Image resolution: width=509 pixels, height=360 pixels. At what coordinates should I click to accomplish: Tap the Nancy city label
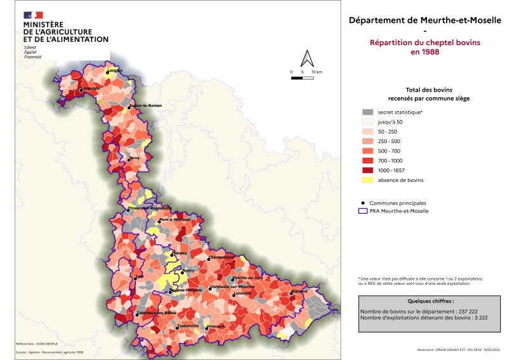click(189, 270)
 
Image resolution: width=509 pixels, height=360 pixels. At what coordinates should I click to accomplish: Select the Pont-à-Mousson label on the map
click(176, 219)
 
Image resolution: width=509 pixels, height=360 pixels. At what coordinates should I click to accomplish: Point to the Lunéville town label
click(243, 293)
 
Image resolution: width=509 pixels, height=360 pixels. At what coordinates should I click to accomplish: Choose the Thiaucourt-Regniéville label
click(150, 207)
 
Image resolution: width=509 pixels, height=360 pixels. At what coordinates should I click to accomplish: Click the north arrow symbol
click(307, 59)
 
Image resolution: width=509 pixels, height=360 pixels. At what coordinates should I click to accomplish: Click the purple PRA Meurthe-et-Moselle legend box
click(365, 211)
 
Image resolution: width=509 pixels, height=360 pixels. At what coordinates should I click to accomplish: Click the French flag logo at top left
click(33, 15)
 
